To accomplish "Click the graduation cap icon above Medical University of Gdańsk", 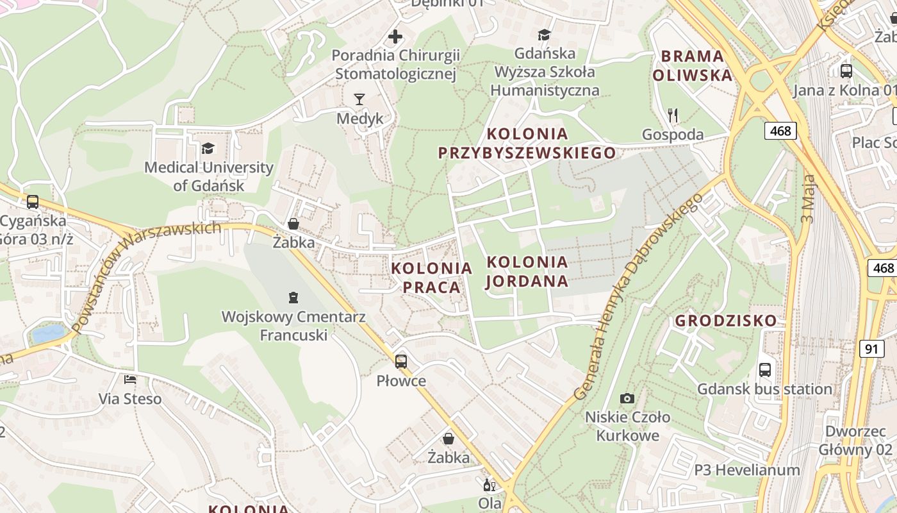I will point(208,149).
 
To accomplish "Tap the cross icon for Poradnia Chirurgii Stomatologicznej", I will point(395,36).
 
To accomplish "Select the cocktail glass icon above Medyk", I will point(359,99).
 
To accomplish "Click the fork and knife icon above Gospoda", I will point(673,115).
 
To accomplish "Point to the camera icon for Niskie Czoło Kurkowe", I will point(627,398).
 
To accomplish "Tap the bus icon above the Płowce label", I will point(401,361).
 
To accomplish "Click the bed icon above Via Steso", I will point(130,380).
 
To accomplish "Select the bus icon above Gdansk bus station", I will point(764,369).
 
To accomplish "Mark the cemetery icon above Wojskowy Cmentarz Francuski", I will point(293,297).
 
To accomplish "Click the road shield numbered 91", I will point(871,348).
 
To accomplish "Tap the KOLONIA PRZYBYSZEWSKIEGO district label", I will point(527,143).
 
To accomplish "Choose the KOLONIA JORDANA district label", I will point(527,271).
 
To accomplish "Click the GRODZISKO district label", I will point(726,320).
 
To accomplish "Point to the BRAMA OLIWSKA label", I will point(693,65).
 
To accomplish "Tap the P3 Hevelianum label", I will point(747,470).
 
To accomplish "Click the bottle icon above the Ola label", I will point(490,485).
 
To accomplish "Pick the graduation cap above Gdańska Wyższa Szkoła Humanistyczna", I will point(544,35).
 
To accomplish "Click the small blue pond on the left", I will point(49,333).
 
